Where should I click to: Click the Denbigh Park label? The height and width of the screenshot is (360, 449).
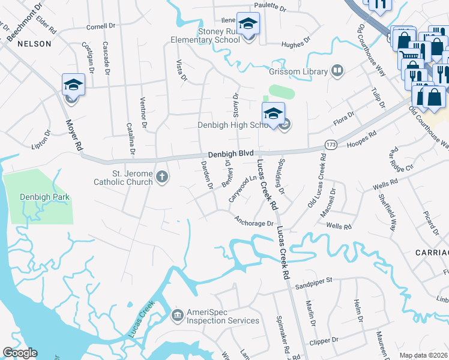tap(36, 197)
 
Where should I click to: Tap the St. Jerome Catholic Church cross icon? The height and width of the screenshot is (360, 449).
tap(161, 176)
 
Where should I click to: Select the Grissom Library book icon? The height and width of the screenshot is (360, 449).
tap(337, 71)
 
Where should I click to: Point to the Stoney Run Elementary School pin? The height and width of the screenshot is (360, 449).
tap(248, 25)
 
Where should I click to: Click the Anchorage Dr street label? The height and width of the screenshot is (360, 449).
tap(254, 221)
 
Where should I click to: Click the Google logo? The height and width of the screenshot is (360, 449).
tap(20, 353)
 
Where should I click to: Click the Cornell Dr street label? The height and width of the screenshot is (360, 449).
tap(100, 26)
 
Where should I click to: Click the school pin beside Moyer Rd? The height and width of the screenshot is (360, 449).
tap(73, 85)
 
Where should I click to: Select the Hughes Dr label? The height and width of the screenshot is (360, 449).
tap(295, 43)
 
